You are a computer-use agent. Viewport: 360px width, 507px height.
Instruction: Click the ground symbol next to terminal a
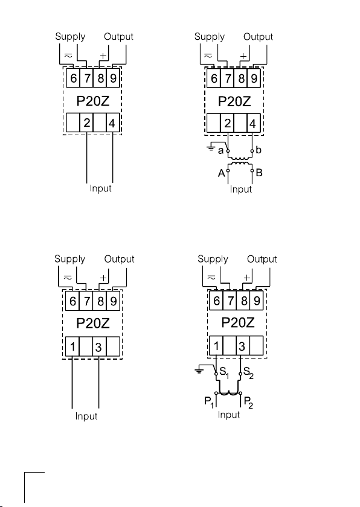pyautogui.click(x=211, y=148)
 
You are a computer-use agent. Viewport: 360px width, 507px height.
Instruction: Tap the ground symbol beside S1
pyautogui.click(x=199, y=371)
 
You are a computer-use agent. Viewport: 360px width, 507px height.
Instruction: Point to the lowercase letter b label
pyautogui.click(x=258, y=150)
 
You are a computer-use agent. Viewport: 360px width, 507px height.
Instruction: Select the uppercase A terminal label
pyautogui.click(x=221, y=173)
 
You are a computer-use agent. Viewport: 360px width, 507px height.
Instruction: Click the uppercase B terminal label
pyautogui.click(x=259, y=173)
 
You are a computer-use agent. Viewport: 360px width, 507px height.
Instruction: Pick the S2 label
pyautogui.click(x=248, y=372)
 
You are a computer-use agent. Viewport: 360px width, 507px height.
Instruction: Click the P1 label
pyautogui.click(x=209, y=402)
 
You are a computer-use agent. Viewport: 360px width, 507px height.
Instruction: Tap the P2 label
pyautogui.click(x=248, y=403)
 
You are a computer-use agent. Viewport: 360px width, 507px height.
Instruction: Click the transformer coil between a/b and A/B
pyautogui.click(x=240, y=161)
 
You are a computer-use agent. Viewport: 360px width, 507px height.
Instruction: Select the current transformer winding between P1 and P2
pyautogui.click(x=228, y=392)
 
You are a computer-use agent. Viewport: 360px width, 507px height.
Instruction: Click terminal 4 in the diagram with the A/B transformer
pyautogui.click(x=253, y=123)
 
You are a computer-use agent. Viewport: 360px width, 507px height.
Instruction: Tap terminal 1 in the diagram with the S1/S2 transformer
pyautogui.click(x=216, y=346)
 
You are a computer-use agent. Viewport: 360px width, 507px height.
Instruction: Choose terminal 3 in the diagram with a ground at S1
pyautogui.click(x=242, y=346)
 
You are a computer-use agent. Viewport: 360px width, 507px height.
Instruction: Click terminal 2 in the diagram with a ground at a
pyautogui.click(x=227, y=123)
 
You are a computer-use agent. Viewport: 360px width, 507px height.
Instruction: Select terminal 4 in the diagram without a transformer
pyautogui.click(x=112, y=123)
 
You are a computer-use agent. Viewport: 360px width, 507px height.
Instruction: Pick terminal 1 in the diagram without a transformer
pyautogui.click(x=72, y=346)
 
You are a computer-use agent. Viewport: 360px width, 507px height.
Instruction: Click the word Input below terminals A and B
pyautogui.click(x=240, y=189)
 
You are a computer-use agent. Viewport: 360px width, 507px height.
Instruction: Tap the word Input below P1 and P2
pyautogui.click(x=229, y=415)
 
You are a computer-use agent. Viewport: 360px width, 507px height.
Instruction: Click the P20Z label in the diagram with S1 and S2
pyautogui.click(x=238, y=323)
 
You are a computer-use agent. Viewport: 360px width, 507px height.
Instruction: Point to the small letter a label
pyautogui.click(x=220, y=151)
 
